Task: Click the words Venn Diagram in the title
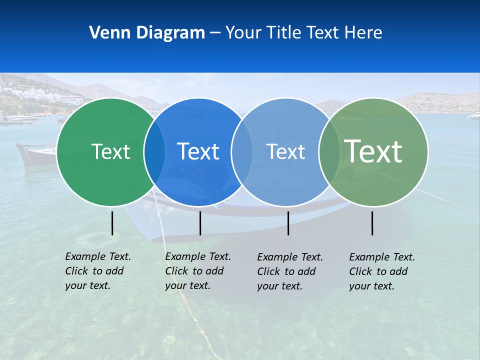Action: pyautogui.click(x=147, y=33)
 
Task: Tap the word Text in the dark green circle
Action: pyautogui.click(x=110, y=151)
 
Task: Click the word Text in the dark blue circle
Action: pyautogui.click(x=198, y=151)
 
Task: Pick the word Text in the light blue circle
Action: pyautogui.click(x=285, y=151)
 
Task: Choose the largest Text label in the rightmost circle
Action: pyautogui.click(x=373, y=151)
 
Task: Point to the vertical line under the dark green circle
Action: pyautogui.click(x=112, y=223)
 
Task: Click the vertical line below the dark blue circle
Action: pyautogui.click(x=200, y=223)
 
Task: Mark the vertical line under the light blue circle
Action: pyautogui.click(x=288, y=223)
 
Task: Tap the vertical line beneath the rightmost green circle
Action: pyautogui.click(x=372, y=223)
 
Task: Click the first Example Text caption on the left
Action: pyautogui.click(x=98, y=271)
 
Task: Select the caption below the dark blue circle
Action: pyautogui.click(x=198, y=271)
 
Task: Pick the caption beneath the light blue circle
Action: pyautogui.click(x=290, y=271)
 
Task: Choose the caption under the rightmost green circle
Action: pyautogui.click(x=382, y=271)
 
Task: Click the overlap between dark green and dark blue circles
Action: pyautogui.click(x=154, y=151)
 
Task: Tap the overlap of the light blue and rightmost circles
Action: pyautogui.click(x=329, y=151)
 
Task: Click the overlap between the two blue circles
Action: pyautogui.click(x=242, y=151)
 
